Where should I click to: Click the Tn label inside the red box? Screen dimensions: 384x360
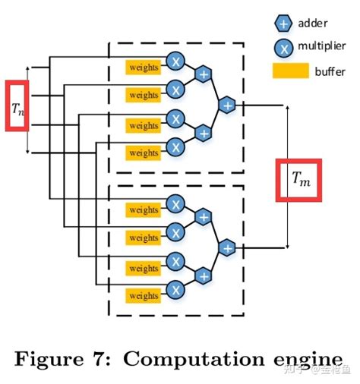(x=17, y=106)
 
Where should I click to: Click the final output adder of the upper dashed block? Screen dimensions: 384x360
(x=227, y=105)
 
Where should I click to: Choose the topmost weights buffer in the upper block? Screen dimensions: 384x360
(x=144, y=67)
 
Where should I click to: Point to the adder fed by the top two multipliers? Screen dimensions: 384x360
(x=204, y=74)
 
